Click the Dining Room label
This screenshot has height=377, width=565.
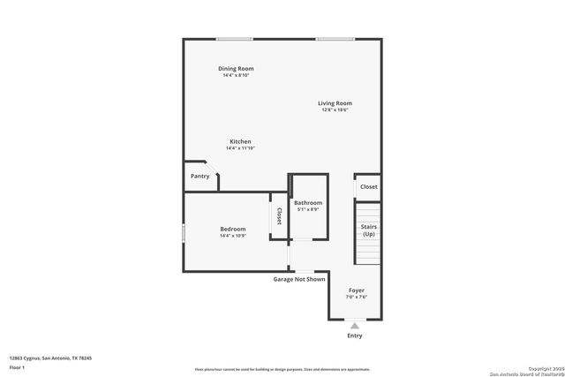pos(237,68)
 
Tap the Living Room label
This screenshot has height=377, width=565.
pos(335,103)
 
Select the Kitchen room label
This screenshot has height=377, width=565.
pos(241,141)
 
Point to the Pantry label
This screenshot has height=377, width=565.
pos(200,176)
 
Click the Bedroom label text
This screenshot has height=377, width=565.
pos(233,229)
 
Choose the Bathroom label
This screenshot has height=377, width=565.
pos(308,202)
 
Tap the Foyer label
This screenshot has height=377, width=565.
pos(357,290)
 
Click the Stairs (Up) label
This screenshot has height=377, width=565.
pos(369,230)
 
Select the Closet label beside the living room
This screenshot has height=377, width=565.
pos(369,187)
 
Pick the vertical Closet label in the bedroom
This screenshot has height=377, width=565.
pos(279,215)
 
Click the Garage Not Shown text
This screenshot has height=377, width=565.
pos(299,279)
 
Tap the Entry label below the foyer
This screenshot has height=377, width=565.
pos(355,336)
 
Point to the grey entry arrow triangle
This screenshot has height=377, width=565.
pos(355,325)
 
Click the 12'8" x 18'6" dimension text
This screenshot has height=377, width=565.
pos(335,110)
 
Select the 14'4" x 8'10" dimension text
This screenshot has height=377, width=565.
pos(237,75)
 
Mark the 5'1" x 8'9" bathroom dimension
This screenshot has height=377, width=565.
pos(308,209)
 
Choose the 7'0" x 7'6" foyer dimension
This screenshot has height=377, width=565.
pos(357,297)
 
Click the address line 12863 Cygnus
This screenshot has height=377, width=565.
pos(51,358)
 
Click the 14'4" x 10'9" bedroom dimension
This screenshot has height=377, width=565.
pos(233,236)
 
